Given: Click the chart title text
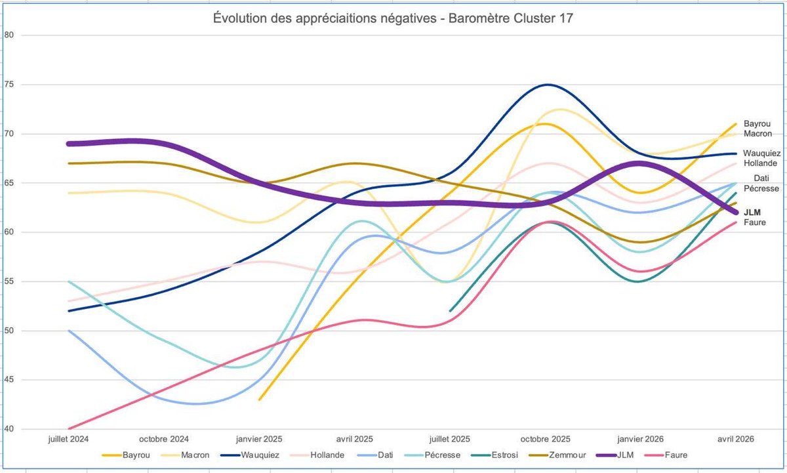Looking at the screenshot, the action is (x=393, y=18).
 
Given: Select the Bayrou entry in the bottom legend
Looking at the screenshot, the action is (x=126, y=455).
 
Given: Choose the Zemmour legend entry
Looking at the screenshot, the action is (x=557, y=455).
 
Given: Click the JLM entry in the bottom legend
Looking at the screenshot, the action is (x=615, y=455).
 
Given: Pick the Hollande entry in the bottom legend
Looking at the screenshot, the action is (x=317, y=455).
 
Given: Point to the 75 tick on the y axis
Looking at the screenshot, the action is (x=9, y=85).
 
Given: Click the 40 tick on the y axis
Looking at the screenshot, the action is (x=9, y=429).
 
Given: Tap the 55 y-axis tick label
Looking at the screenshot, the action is (x=9, y=281).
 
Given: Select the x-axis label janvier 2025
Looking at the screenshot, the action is (x=259, y=439).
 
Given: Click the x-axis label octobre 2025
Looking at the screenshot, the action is (x=545, y=439).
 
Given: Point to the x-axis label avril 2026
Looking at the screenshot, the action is (x=736, y=439).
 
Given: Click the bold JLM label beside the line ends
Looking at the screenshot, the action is (x=752, y=213).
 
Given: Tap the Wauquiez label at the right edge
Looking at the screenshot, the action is (x=761, y=154).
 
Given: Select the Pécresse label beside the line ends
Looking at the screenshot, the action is (x=761, y=188).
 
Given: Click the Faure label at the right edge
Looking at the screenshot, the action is (x=755, y=222).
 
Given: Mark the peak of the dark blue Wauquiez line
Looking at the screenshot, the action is (x=548, y=85).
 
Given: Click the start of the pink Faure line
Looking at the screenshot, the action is (x=69, y=429).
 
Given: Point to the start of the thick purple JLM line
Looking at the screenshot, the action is (x=69, y=144).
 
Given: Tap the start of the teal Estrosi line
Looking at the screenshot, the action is (x=450, y=311).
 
